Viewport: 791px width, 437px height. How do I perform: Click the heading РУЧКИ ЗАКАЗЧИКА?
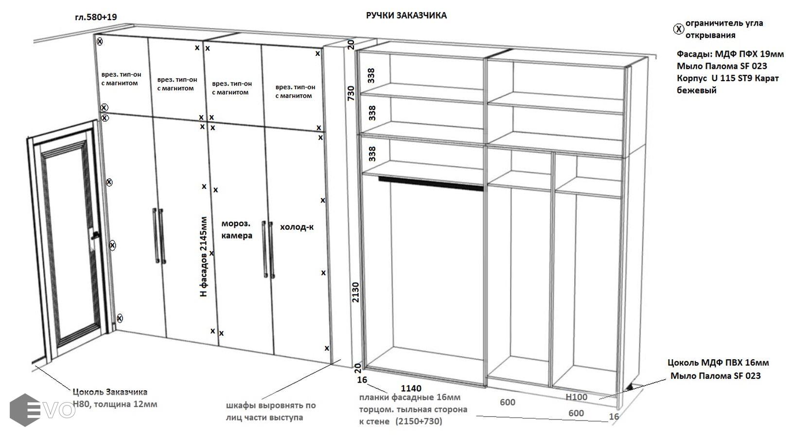point(406,15)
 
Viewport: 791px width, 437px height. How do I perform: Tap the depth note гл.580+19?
point(96,17)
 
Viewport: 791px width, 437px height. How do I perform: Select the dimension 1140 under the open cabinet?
point(411,388)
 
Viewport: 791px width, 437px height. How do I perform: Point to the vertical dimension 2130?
point(355,292)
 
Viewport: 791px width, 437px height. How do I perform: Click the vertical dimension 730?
point(351,93)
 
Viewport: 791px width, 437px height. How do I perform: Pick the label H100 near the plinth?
point(576,397)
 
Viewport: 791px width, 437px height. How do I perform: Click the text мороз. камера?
point(237,229)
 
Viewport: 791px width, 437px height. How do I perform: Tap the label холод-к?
point(297,227)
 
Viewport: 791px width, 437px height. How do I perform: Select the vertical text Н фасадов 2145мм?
point(204,257)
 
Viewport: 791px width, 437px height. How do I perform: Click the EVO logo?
point(42,410)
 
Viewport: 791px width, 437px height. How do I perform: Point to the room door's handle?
point(95,235)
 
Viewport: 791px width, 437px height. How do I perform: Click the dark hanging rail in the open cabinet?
point(430,184)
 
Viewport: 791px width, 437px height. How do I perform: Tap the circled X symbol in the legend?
point(678,29)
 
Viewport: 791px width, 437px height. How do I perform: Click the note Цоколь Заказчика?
point(110,392)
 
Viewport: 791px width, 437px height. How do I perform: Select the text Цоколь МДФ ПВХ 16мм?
point(718,363)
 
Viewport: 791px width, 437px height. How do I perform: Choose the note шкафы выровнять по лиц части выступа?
point(271,411)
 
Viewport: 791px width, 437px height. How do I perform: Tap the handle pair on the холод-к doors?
point(268,250)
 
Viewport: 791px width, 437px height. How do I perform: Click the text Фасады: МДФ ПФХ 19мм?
point(730,54)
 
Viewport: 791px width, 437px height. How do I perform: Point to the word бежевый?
point(696,90)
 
